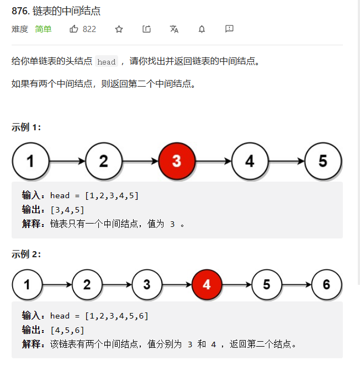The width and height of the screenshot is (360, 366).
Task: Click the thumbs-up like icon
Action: pos(74,29)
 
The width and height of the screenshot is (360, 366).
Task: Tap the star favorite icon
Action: pos(119,29)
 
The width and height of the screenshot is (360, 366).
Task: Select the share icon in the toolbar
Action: pos(147,29)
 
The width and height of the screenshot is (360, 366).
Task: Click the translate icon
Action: pos(174,29)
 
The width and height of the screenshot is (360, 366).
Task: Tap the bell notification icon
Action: pos(202,29)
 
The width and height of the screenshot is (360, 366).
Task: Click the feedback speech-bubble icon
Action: pos(229,29)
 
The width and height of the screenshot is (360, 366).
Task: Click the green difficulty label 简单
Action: pos(43,29)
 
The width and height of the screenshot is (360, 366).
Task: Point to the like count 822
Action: pos(89,29)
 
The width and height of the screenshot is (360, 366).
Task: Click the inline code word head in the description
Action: pos(107,62)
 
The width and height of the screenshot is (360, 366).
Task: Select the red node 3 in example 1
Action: pos(177,161)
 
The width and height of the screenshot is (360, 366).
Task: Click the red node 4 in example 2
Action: pos(207,284)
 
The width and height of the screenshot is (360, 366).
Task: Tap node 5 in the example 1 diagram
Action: pos(323,161)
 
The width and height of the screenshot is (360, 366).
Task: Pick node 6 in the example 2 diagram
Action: pos(326,284)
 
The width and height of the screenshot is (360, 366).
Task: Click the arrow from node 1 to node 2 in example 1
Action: pos(67,161)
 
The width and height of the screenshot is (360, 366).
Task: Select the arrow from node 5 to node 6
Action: pos(297,285)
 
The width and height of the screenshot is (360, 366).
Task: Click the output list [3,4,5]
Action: pos(67,210)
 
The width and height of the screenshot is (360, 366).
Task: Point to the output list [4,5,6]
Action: pos(67,330)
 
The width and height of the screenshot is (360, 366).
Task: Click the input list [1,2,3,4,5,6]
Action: pos(117,316)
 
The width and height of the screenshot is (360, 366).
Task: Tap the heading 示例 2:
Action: pos(26,254)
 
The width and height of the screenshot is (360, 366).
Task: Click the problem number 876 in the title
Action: pos(20,11)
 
